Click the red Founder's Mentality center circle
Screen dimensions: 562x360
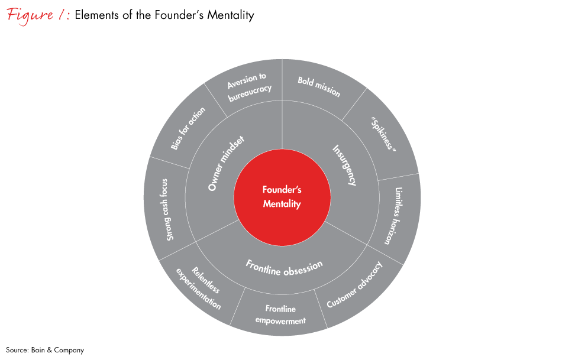tap(282, 197)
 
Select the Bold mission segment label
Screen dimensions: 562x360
tap(319, 87)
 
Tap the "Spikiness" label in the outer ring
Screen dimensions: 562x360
tap(383, 134)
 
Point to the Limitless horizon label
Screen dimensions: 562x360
tap(394, 216)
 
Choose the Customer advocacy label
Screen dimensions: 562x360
tap(354, 284)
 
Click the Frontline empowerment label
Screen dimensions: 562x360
tap(280, 314)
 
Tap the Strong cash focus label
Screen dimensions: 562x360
tap(167, 209)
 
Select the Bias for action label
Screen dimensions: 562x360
tap(188, 128)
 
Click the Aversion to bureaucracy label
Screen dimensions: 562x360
tap(250, 87)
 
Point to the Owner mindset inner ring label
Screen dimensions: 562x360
tap(226, 163)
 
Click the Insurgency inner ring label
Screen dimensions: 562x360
tap(344, 165)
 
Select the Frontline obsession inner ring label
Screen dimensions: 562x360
tap(284, 268)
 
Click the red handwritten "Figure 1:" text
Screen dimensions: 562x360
tap(38, 15)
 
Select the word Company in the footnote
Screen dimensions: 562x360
tap(69, 351)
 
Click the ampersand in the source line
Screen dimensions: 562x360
tap(50, 350)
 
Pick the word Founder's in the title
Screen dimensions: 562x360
tap(179, 15)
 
